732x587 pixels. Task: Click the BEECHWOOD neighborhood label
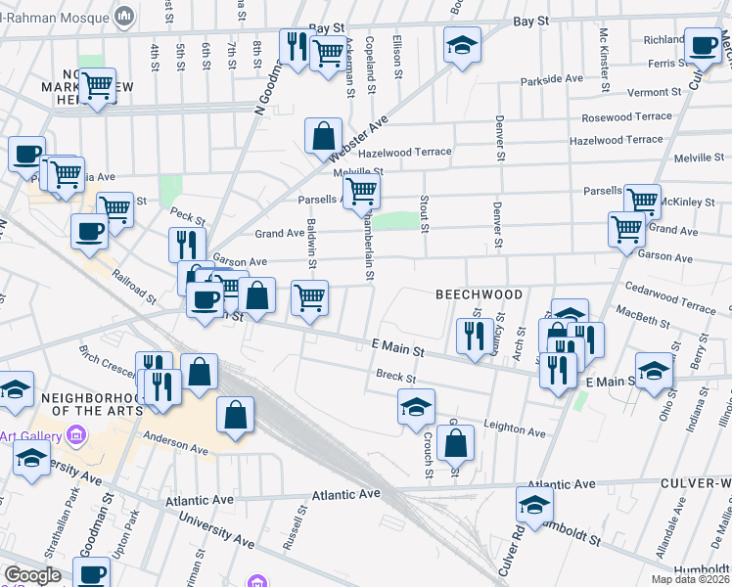pos(480,294)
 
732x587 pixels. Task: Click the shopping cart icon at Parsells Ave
pos(362,193)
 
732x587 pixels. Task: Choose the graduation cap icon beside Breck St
pos(416,406)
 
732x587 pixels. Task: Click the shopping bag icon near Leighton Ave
pos(456,443)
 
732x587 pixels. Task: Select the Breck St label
pos(396,377)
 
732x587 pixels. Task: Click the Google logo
pos(32,575)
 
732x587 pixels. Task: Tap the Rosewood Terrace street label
pos(626,116)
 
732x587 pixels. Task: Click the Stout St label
pos(425,214)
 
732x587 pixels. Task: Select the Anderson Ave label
pos(176,443)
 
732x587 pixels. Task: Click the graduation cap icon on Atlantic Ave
pos(534,505)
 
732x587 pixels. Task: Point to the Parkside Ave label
pos(552,79)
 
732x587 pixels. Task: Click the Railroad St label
pos(132,289)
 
